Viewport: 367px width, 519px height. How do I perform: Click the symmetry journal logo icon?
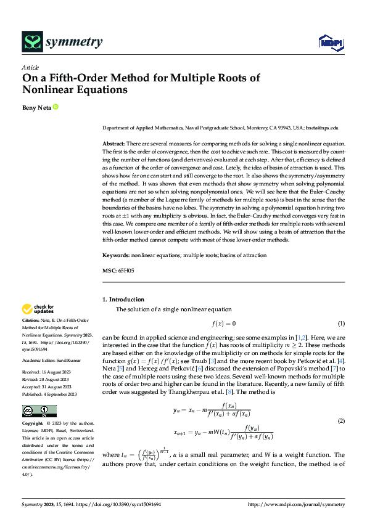[x=31, y=42]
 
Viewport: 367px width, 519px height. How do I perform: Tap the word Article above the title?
[x=30, y=68]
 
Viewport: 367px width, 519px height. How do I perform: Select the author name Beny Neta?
[x=36, y=107]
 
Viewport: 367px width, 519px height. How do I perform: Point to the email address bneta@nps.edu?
[x=322, y=128]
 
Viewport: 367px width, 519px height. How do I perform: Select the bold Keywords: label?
[x=116, y=255]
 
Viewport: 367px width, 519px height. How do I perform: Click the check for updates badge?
[x=38, y=309]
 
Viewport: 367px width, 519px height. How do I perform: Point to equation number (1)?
[x=340, y=324]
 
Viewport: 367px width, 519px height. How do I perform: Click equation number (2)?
[x=340, y=420]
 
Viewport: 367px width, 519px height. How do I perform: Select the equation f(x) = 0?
[x=224, y=324]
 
